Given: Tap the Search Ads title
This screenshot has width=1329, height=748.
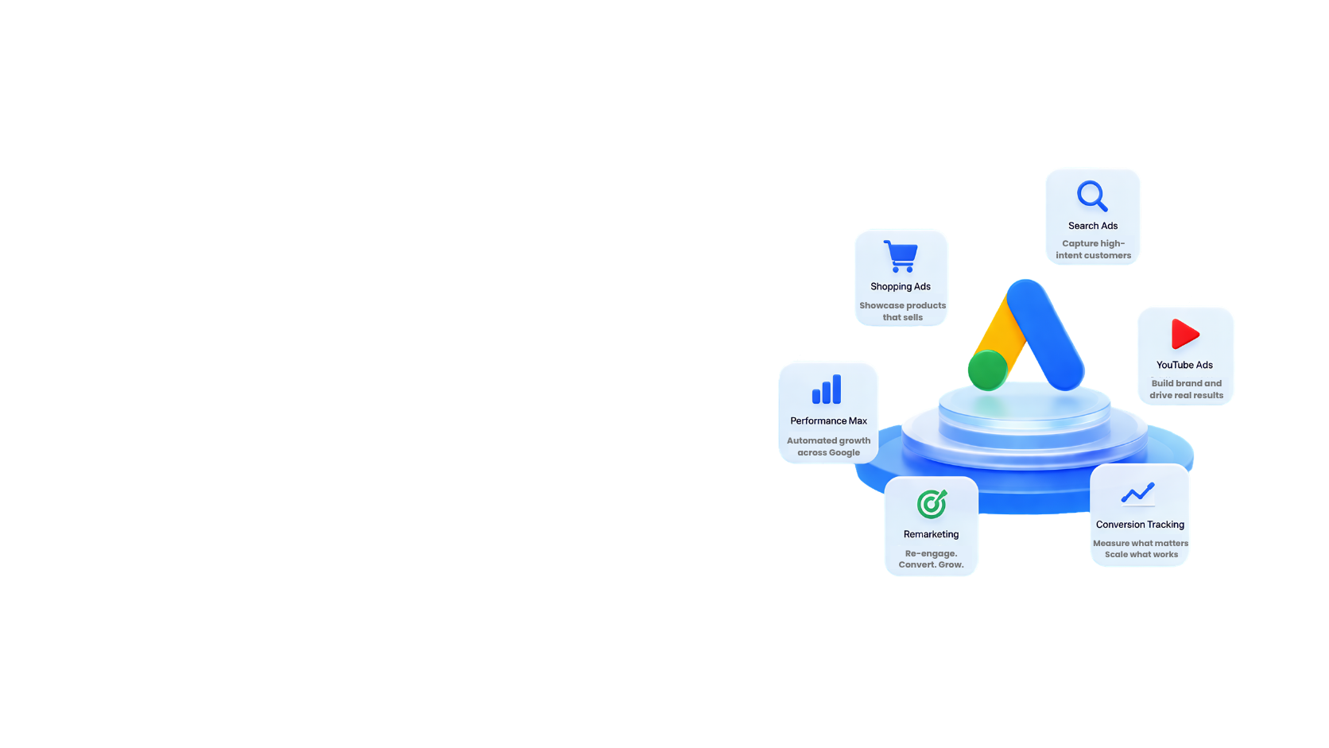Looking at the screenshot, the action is click(1093, 226).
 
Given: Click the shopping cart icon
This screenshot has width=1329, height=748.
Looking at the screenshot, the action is click(901, 256).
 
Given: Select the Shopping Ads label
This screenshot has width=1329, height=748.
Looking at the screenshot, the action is click(901, 286).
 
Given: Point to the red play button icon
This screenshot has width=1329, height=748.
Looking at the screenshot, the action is click(1184, 333).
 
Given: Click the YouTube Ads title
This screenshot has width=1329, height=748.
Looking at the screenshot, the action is click(1184, 365).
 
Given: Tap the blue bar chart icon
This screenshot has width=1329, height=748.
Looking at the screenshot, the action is click(827, 390).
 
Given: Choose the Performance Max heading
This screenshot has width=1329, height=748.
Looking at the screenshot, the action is click(828, 421).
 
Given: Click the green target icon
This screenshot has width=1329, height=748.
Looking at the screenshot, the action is click(932, 504).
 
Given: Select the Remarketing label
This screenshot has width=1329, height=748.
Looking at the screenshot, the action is click(931, 534).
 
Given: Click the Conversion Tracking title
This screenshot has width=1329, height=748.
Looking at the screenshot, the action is click(1140, 525).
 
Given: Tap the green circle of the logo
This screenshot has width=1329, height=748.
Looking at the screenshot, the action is click(988, 370).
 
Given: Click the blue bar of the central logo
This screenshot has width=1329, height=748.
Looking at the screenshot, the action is click(1045, 335).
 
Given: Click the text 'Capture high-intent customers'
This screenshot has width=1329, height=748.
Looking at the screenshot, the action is click(1094, 249).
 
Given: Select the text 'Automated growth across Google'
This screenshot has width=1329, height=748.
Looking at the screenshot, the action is click(828, 447).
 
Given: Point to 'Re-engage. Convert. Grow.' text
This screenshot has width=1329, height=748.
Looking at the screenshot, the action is click(931, 559).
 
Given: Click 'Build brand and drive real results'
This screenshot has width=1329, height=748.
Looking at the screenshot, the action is click(1186, 390).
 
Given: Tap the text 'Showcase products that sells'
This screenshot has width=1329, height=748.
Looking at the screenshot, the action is click(902, 312).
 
